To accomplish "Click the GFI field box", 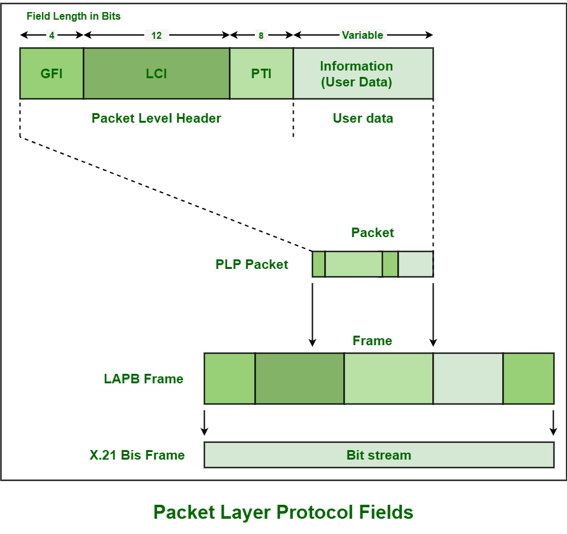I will pos(51,73).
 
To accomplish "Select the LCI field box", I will pos(156,73).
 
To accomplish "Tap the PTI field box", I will pos(261,73).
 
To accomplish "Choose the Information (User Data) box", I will pos(363,73).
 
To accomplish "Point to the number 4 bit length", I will pos(51,36).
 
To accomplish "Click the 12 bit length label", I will pos(156,36).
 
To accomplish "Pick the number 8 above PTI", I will pos(261,36).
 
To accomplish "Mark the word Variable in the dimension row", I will pos(362,35).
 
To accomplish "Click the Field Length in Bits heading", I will pos(73,17).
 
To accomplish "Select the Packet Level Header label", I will pos(156,118).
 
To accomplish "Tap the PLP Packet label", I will pos(252,264).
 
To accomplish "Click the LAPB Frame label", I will pos(144,379).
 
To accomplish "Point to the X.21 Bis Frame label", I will pos(137,455).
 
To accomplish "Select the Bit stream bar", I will pos(379,455).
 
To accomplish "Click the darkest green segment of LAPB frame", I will pos(299,379).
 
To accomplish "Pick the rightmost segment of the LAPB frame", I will pos(528,379).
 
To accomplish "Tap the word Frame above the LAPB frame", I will pos(372,341).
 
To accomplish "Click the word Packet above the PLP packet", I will pos(372,233).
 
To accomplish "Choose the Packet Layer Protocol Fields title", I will pos(283,512).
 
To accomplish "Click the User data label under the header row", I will pos(363,118).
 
